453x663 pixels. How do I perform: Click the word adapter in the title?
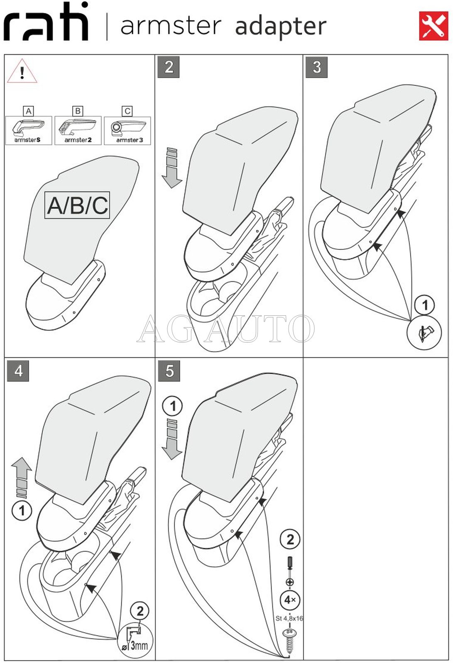(281, 26)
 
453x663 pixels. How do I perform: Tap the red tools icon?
(433, 26)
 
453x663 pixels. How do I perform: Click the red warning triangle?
(22, 72)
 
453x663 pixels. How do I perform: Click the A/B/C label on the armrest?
(77, 205)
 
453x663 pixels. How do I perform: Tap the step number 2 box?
(169, 67)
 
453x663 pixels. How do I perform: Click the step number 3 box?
(316, 67)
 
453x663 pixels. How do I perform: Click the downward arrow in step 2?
(171, 168)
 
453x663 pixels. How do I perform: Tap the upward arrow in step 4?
(22, 477)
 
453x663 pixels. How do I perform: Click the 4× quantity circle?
(290, 600)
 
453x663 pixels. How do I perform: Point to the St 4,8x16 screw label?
(289, 618)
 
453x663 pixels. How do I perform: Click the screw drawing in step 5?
(289, 641)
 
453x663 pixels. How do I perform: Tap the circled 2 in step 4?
(140, 611)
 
